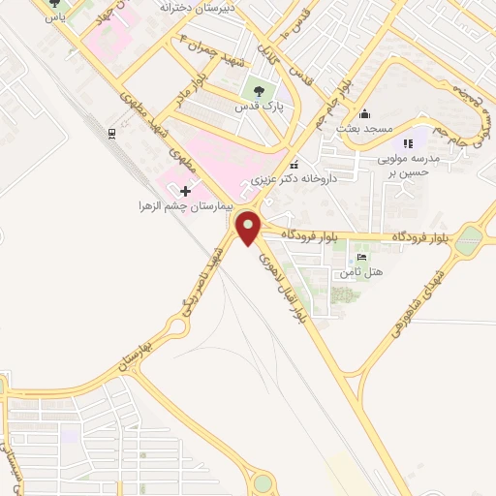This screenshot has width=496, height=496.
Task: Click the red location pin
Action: click(249, 229)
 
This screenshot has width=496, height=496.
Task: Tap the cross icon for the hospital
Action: click(185, 191)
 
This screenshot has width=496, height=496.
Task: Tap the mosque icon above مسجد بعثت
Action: click(363, 112)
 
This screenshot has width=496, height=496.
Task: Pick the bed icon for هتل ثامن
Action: click(361, 258)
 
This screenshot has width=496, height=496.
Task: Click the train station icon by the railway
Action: click(113, 133)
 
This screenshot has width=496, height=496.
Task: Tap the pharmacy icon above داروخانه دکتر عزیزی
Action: click(294, 164)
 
